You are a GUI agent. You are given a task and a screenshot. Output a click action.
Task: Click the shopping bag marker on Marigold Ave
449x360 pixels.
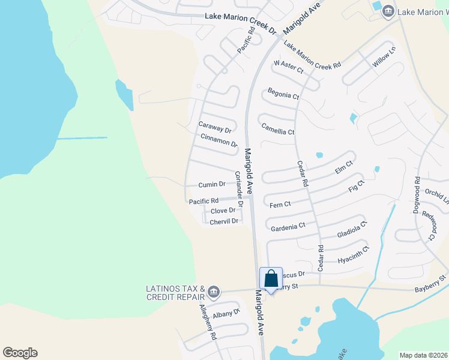point(271,279)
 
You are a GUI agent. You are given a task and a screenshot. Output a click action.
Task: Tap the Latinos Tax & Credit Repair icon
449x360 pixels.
point(214,293)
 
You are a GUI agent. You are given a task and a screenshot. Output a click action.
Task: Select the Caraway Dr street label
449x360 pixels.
point(214,129)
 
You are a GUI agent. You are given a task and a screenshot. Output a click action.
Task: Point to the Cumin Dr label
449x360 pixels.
point(212,184)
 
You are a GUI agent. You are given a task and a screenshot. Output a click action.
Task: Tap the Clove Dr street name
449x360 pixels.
point(223,211)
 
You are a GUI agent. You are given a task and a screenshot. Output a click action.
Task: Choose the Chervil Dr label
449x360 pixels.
point(224,221)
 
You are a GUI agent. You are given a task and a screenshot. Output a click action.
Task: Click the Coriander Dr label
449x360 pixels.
point(240,189)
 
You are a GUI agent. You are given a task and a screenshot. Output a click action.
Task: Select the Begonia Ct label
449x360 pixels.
point(283,95)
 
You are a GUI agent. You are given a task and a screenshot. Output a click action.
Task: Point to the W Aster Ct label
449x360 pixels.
point(289,66)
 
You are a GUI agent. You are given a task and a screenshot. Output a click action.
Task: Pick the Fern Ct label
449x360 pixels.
point(280,205)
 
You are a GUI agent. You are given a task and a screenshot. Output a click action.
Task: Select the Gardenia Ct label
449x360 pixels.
point(288,227)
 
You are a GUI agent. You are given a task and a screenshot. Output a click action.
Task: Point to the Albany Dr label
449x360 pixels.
point(226,313)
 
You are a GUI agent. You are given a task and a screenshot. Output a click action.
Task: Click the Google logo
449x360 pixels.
point(20,353)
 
